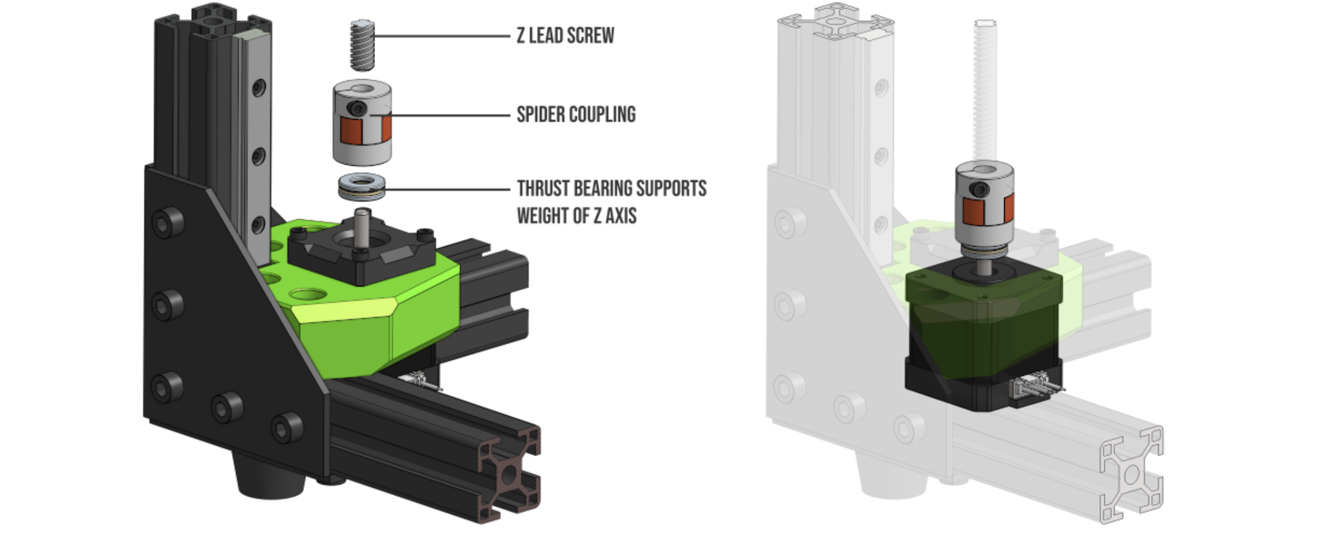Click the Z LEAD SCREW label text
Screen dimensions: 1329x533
565,36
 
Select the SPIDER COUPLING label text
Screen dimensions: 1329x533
576,114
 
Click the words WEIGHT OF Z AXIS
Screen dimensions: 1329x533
577,215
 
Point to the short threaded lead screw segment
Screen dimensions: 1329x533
362,45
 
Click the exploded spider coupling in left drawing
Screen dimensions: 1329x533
362,122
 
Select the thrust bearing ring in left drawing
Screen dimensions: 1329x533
362,187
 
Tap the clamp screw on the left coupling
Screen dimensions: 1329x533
358,109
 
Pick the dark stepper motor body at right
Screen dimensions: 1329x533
984,335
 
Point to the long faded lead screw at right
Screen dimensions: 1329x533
985,90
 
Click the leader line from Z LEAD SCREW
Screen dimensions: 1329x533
442,36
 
